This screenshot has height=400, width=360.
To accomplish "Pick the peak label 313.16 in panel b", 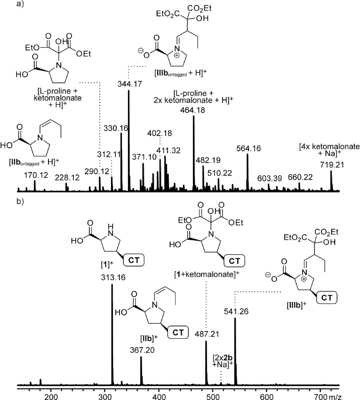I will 112,279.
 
